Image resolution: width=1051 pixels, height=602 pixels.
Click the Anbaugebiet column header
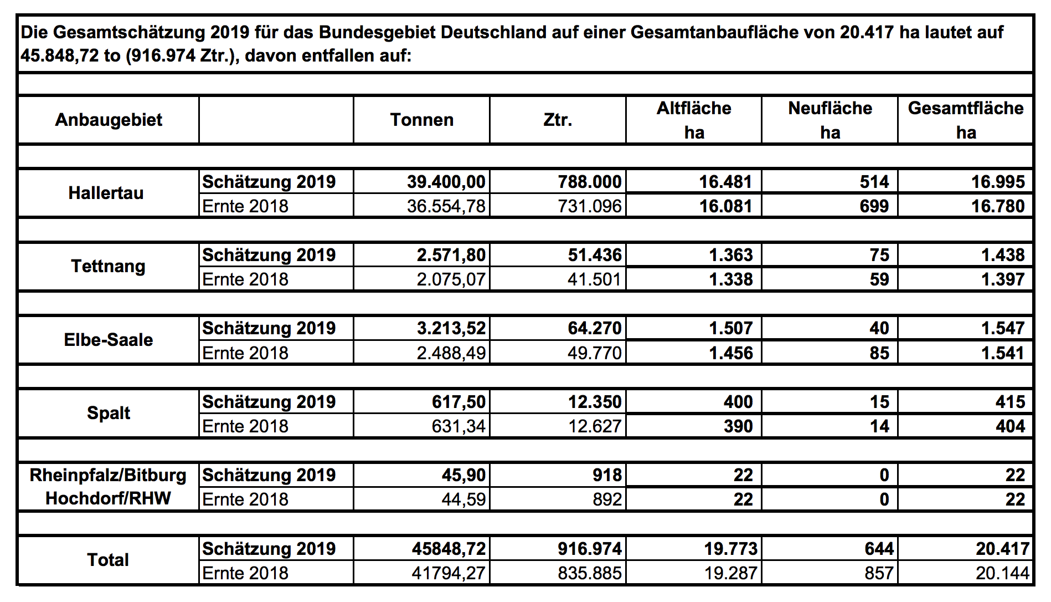pyautogui.click(x=109, y=120)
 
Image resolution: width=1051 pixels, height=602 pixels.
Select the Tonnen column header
pyautogui.click(x=421, y=120)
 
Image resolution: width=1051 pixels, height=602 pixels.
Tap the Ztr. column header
pyautogui.click(x=558, y=120)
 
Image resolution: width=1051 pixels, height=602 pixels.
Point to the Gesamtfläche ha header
pyautogui.click(x=966, y=120)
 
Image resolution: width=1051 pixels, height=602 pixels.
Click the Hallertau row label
pyautogui.click(x=106, y=193)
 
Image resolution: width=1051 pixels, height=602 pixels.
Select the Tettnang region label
pyautogui.click(x=108, y=266)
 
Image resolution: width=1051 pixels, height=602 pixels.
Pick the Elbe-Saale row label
pyautogui.click(x=109, y=340)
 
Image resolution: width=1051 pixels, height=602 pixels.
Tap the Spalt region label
pyautogui.click(x=109, y=413)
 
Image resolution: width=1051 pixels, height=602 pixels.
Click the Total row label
pyautogui.click(x=108, y=560)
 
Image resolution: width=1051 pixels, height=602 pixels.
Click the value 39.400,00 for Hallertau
pyautogui.click(x=446, y=182)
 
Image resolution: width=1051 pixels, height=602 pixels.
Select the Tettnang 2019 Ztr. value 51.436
pyautogui.click(x=594, y=255)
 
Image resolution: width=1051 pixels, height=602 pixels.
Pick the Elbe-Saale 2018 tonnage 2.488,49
pyautogui.click(x=451, y=353)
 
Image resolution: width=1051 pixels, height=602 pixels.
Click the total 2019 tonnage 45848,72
pyautogui.click(x=448, y=549)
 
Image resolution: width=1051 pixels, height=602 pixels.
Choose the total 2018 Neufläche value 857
pyautogui.click(x=879, y=573)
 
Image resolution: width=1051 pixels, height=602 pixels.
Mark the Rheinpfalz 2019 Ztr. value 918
pyautogui.click(x=607, y=475)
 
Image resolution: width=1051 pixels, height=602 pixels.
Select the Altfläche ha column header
pyautogui.click(x=694, y=120)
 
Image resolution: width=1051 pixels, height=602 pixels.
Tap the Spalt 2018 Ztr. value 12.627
pyautogui.click(x=594, y=426)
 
